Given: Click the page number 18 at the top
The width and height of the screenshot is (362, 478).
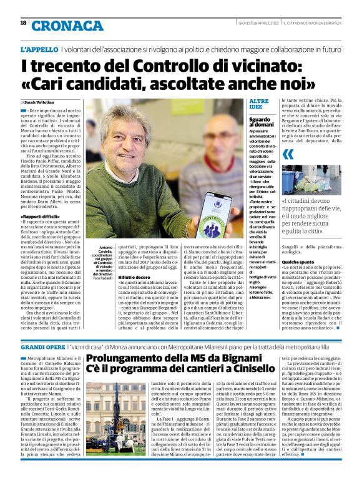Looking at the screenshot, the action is (x=23, y=24).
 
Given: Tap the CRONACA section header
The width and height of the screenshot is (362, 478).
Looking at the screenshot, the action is (x=60, y=26).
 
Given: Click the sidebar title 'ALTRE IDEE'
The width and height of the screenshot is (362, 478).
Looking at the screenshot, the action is (x=259, y=104).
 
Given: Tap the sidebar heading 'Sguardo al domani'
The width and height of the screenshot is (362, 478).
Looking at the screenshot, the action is (x=260, y=122).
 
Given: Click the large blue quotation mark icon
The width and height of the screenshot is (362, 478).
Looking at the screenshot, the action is (x=288, y=154).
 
